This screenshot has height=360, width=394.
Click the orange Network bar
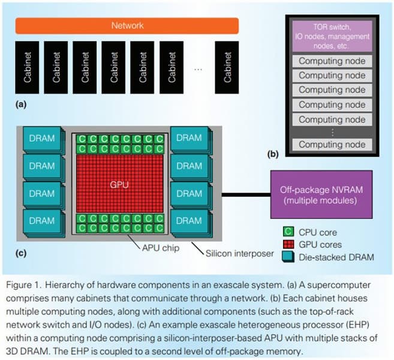coord(127,26)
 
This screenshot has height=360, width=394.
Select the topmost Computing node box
coord(332,61)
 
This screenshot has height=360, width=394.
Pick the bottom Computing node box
coord(332,144)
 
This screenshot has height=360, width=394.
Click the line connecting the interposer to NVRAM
coord(246,193)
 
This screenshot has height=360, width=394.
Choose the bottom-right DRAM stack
coord(188,221)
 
